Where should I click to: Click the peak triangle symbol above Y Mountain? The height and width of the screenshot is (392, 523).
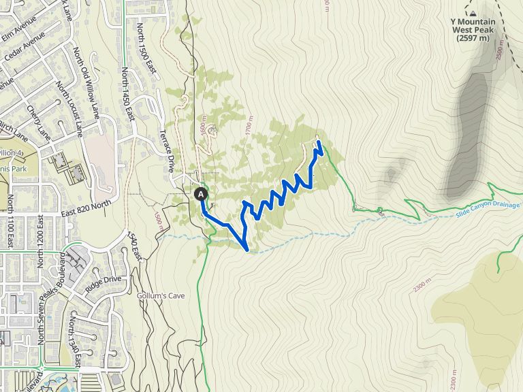[472, 11]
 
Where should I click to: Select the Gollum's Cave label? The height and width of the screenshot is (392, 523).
[161, 296]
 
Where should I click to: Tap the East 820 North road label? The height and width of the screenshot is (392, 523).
[85, 206]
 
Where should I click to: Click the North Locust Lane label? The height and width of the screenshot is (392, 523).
[69, 108]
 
